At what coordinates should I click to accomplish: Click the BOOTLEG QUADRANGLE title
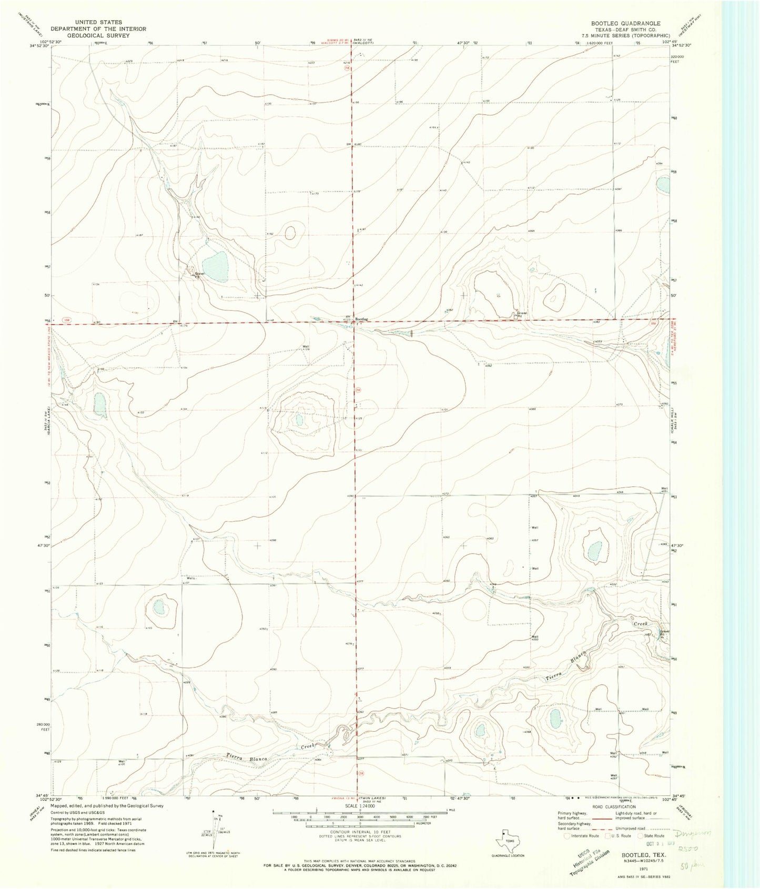pos(625,24)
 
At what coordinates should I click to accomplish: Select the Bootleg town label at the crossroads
pos(362,319)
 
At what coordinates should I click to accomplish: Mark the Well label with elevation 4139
pos(306,348)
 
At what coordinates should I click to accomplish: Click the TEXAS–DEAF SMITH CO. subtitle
pos(625,30)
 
